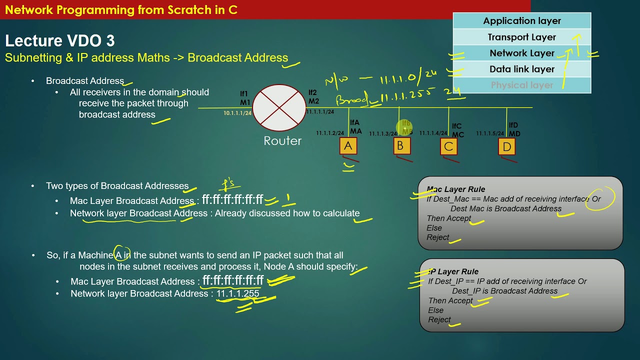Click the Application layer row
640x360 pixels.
521,21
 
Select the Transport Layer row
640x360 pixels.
521,37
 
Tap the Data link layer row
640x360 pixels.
521,69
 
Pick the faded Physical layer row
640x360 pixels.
521,85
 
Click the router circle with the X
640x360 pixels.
279,108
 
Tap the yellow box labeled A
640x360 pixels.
348,146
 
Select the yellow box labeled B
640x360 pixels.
400,146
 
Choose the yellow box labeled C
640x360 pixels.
448,146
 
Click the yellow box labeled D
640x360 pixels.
506,146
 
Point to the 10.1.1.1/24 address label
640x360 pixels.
237,113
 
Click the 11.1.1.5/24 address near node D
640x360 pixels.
490,133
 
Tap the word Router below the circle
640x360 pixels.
282,141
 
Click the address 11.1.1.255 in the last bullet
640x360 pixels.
237,293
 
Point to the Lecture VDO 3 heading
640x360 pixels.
59,41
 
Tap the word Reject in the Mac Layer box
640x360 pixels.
438,237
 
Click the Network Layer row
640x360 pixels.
521,53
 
